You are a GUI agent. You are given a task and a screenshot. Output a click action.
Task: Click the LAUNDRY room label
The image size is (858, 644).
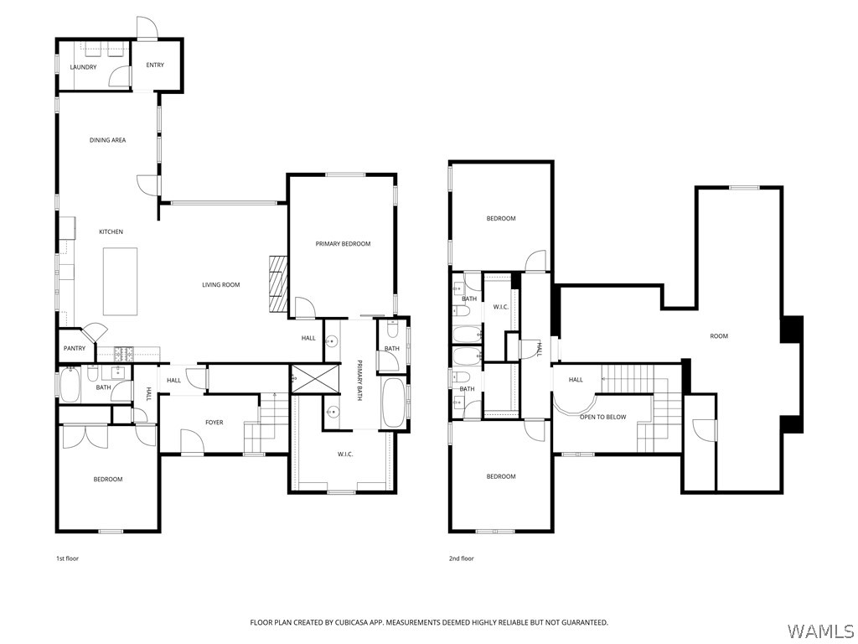83,67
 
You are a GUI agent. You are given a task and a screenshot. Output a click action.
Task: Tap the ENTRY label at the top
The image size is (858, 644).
155,65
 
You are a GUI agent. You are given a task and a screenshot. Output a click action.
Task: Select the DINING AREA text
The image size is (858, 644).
107,140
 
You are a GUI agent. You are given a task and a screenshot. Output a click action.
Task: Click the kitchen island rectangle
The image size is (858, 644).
120,281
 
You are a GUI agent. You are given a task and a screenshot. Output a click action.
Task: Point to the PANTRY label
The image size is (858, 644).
74,348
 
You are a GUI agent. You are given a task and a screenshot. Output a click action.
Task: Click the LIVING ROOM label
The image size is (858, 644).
220,285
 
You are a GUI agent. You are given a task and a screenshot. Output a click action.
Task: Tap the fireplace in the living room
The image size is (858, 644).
277,283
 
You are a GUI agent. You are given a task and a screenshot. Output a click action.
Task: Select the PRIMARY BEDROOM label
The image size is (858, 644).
343,244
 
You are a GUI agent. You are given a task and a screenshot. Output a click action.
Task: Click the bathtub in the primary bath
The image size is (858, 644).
393,402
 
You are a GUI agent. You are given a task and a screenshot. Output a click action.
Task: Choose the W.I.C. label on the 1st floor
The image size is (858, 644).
344,454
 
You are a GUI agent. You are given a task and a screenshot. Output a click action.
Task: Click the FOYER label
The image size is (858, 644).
214,423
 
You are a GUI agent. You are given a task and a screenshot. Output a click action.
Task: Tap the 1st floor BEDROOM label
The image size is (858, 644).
107,480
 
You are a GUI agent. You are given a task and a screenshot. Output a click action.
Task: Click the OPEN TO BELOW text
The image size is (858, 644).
602,417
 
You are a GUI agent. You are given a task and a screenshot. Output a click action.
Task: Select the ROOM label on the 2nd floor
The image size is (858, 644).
719,336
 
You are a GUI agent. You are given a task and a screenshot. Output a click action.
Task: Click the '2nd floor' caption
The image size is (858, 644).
461,558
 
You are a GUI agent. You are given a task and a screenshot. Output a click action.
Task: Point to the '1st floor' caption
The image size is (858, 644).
67,558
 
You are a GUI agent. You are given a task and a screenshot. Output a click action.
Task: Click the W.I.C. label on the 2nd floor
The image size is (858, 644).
500,308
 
